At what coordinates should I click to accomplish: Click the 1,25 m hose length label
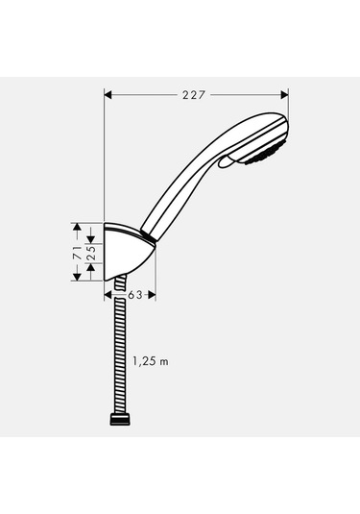tap(149, 361)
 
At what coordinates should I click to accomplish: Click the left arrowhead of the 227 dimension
tap(108, 94)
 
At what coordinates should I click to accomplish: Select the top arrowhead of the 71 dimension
tap(77, 227)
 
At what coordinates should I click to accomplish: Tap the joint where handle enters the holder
tap(148, 234)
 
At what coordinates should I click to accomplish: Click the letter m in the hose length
tap(164, 361)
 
